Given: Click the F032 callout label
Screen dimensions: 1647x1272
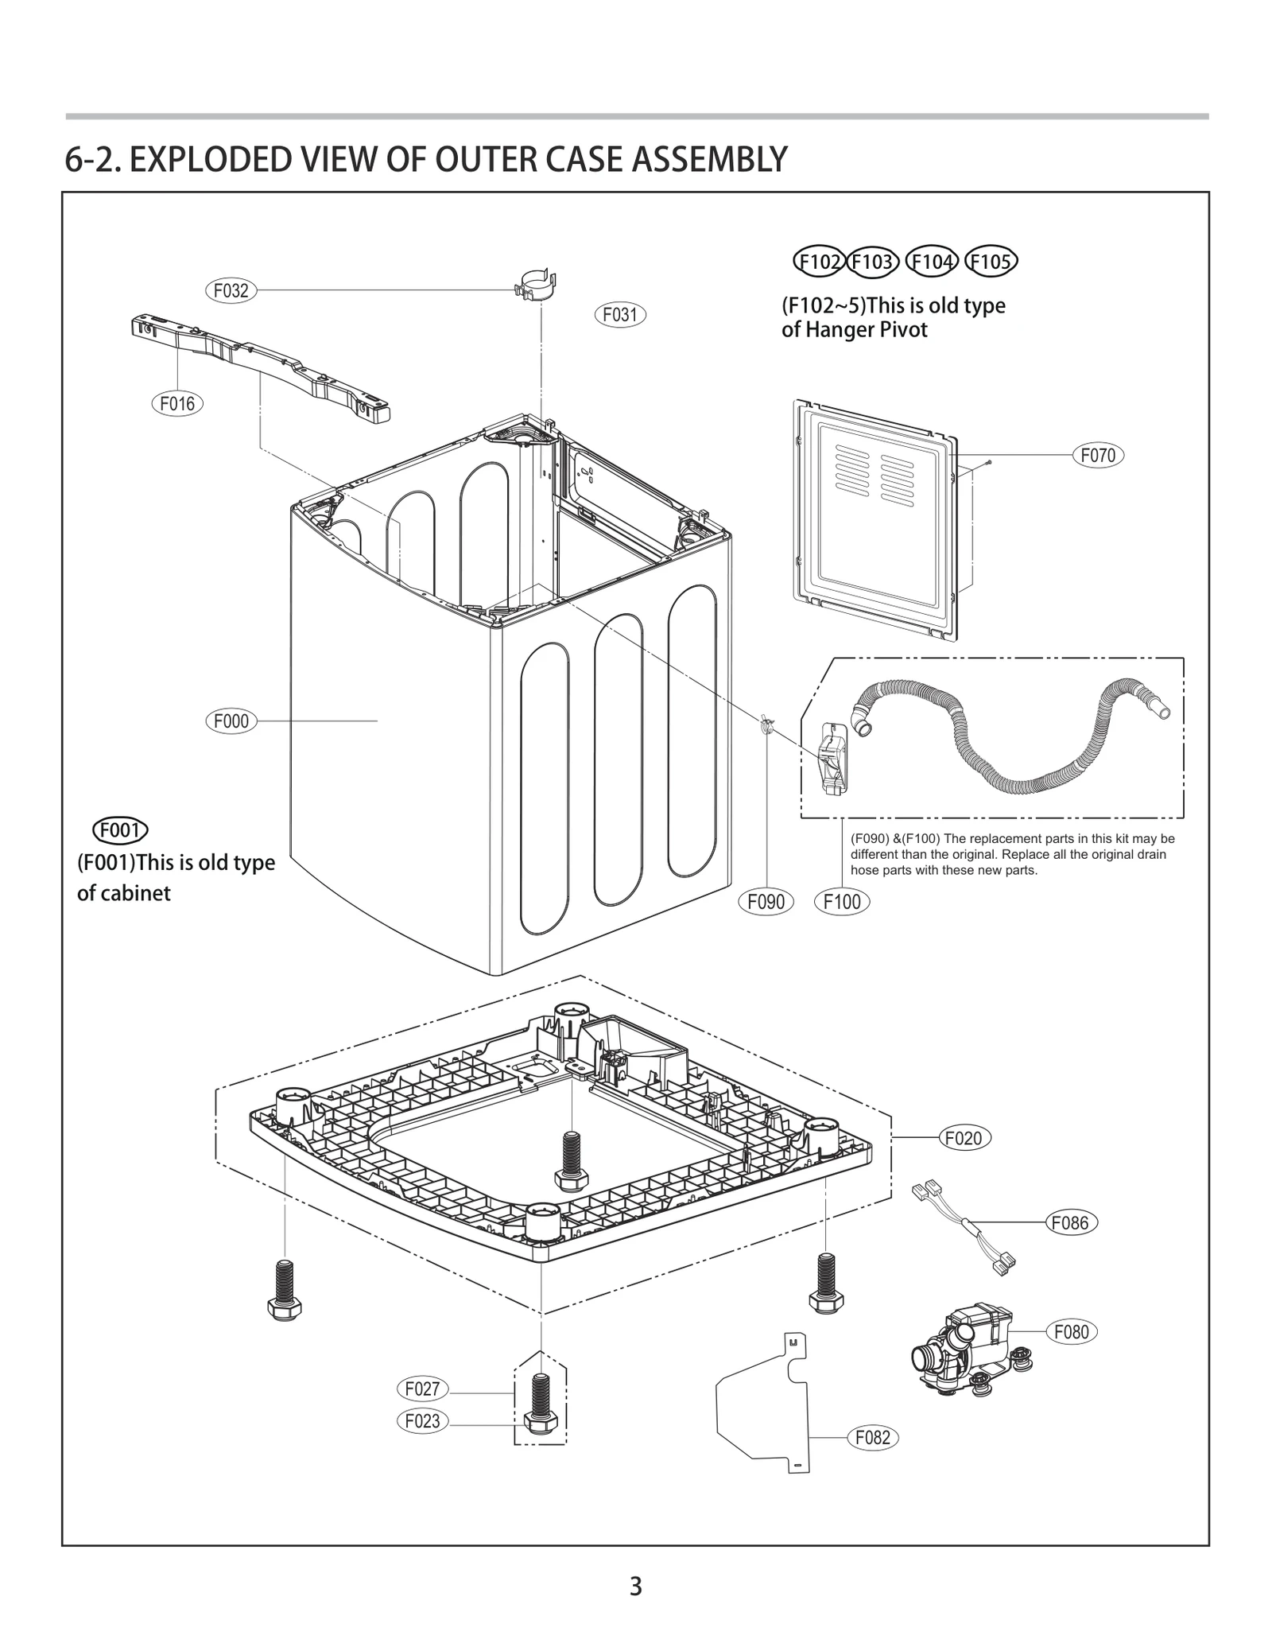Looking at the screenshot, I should click(231, 290).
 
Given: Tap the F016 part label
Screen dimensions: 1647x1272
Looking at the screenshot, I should click(176, 403).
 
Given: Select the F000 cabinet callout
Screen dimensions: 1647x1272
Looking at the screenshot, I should click(231, 721).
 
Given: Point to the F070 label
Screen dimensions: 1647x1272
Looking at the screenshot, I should click(1098, 456).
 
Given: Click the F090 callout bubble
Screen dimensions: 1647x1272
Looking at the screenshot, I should click(766, 901).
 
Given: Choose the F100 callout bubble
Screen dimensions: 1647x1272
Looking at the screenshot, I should click(842, 901).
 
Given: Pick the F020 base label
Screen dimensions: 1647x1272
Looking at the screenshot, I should click(964, 1138).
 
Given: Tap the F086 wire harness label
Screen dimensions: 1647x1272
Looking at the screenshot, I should click(1069, 1222).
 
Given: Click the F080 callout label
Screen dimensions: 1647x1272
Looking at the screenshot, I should click(1071, 1331).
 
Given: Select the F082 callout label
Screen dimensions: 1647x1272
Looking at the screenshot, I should click(872, 1437).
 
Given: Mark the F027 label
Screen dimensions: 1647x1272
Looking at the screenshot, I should click(422, 1389).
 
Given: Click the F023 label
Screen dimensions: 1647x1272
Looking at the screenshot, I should click(422, 1420).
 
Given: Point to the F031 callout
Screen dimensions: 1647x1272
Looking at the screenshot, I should click(620, 315).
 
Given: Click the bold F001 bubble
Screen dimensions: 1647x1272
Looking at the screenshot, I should click(121, 830).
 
